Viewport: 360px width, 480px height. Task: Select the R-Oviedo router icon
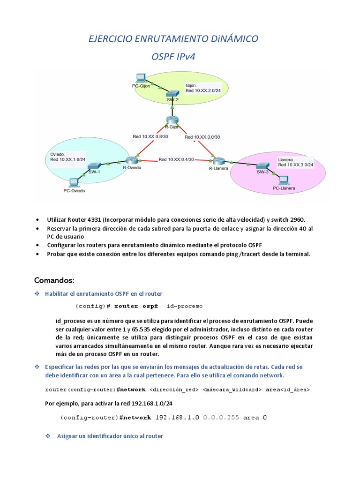pyautogui.click(x=132, y=160)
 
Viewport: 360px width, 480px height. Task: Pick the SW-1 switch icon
pyautogui.click(x=95, y=165)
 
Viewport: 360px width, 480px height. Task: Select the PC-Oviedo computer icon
pyautogui.click(x=73, y=182)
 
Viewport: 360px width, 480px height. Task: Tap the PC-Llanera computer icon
pyautogui.click(x=283, y=180)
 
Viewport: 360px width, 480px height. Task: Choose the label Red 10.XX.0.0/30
pyautogui.click(x=202, y=137)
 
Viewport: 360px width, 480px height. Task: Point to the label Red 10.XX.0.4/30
pyautogui.click(x=176, y=159)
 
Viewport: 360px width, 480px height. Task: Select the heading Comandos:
pyautogui.click(x=54, y=280)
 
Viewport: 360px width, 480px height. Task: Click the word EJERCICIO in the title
pyautogui.click(x=111, y=38)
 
